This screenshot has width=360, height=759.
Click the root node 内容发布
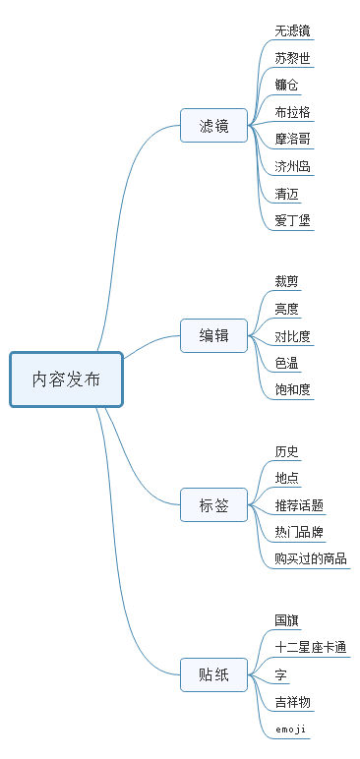[x=66, y=379]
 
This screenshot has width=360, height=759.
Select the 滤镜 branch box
[x=213, y=126]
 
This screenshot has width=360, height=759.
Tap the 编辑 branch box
[x=213, y=336]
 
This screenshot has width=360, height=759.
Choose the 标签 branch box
[x=213, y=506]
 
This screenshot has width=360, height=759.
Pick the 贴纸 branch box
[x=213, y=674]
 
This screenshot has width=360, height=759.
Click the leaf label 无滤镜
[x=293, y=30]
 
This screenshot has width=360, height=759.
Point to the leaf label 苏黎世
[x=293, y=58]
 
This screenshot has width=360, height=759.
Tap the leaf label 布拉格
[x=293, y=112]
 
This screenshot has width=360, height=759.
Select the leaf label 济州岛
[x=293, y=166]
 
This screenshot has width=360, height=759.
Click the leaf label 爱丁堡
[x=293, y=220]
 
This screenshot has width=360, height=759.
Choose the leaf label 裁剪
[x=286, y=281]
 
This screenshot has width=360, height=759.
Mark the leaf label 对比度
[x=293, y=336]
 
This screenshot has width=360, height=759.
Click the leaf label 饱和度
[x=293, y=390]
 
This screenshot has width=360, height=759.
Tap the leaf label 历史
[x=286, y=451]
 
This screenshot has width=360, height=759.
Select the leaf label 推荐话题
[x=299, y=505]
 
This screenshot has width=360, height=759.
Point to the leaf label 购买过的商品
[x=311, y=558]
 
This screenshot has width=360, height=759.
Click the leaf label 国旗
[x=286, y=620]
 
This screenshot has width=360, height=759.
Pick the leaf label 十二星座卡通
[x=311, y=647]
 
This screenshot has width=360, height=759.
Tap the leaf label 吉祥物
[x=293, y=702]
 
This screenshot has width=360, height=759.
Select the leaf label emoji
[x=290, y=730]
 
